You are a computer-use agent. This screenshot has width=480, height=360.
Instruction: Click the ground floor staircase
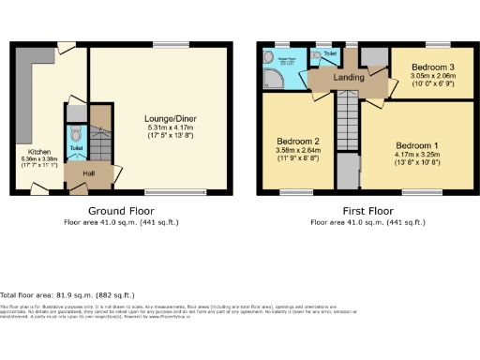tap(99, 141)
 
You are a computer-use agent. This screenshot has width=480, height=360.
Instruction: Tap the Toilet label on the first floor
tap(332, 53)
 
